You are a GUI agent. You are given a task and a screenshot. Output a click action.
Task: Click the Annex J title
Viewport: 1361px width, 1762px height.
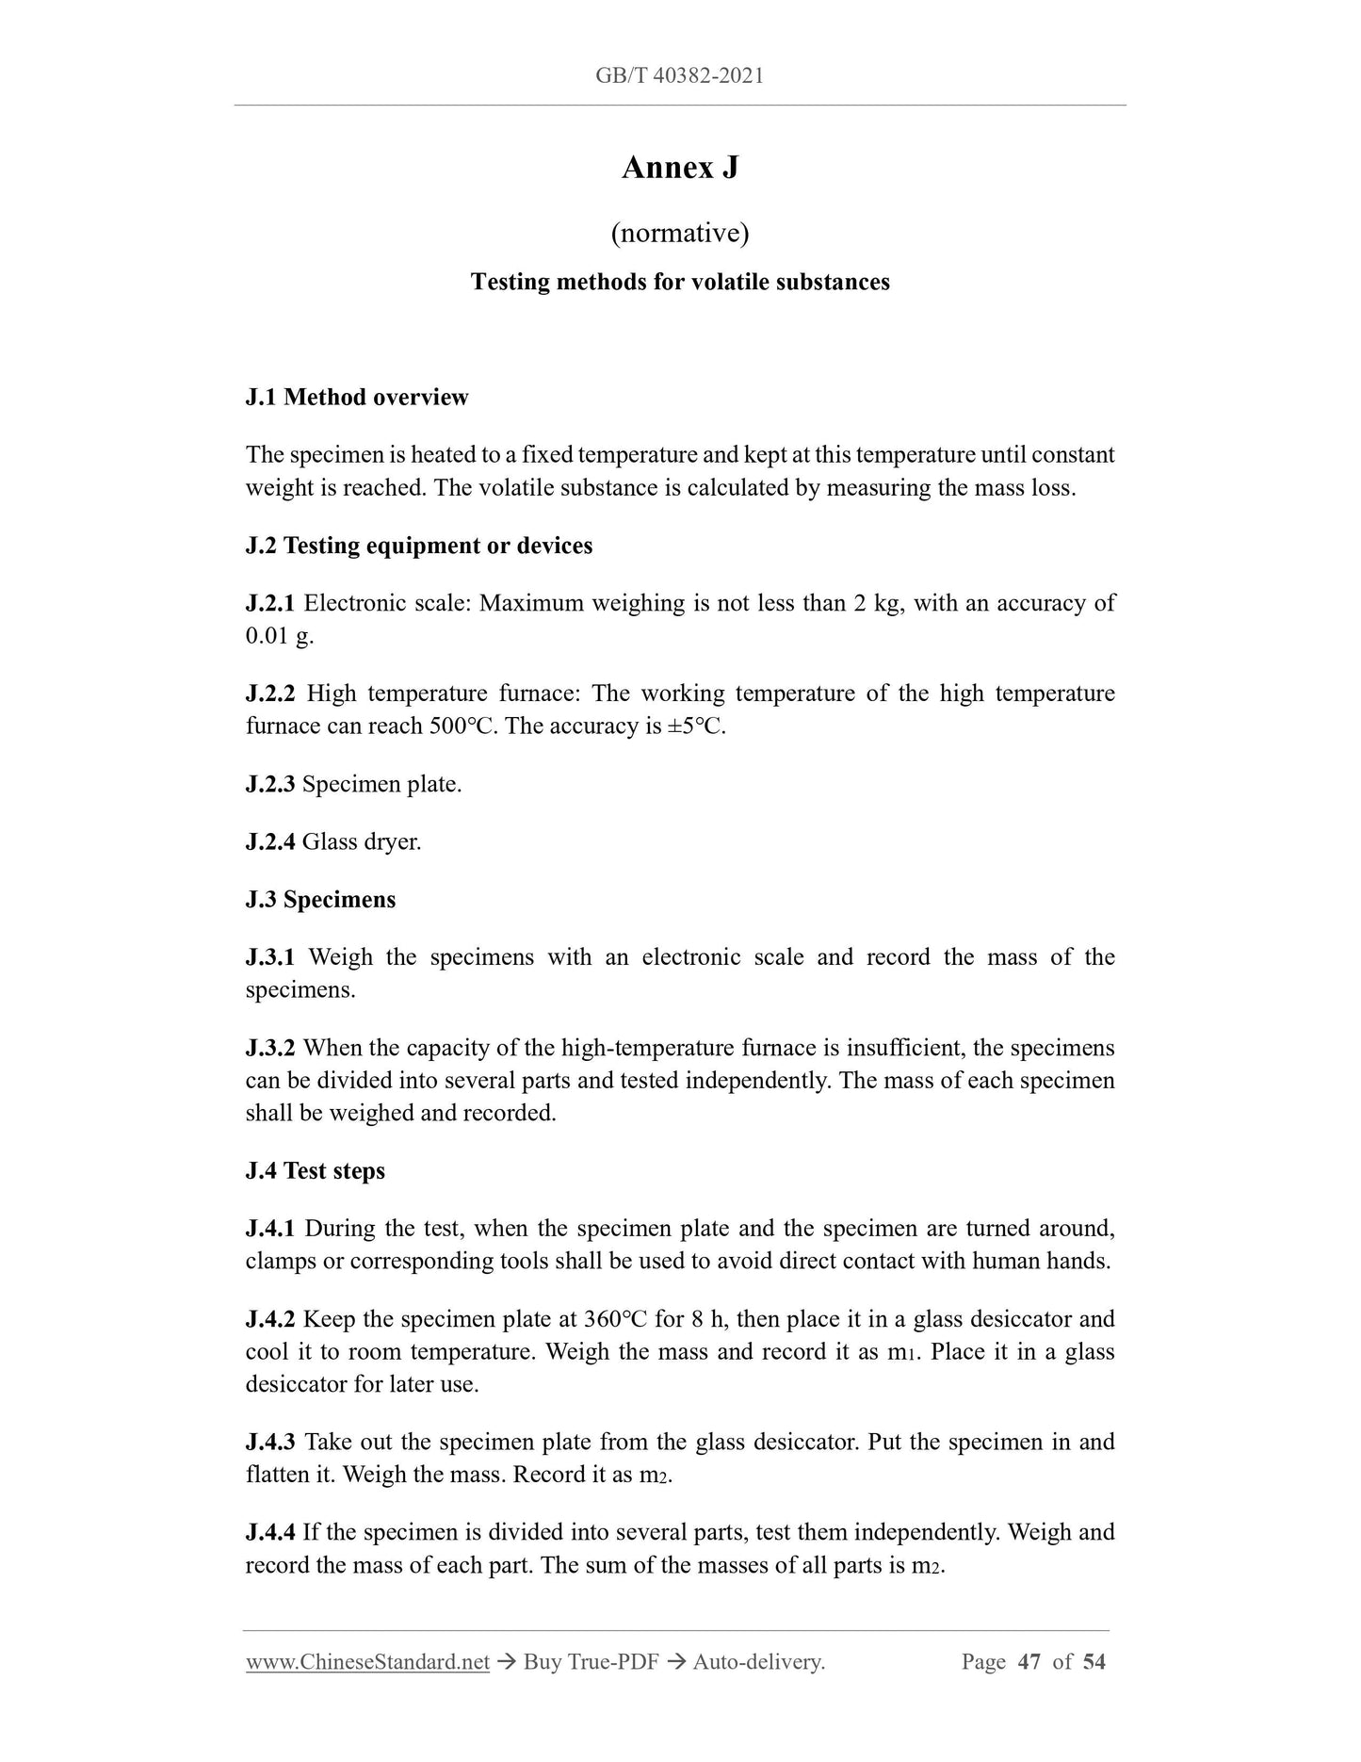[680, 168]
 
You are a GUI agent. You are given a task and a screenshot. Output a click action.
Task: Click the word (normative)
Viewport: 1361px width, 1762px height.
[680, 232]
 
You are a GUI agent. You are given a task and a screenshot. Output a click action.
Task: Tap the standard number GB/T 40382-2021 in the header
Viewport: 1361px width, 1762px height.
[680, 75]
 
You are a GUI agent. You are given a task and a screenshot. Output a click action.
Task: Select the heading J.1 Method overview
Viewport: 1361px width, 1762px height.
[357, 397]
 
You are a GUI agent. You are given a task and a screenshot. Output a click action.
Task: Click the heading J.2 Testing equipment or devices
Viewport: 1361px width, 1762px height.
[419, 546]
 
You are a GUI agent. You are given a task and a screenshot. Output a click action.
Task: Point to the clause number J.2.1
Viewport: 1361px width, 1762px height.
[270, 603]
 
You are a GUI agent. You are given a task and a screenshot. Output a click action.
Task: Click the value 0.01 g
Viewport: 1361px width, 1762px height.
[279, 636]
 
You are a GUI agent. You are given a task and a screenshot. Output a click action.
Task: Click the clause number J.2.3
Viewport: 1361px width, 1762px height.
[270, 784]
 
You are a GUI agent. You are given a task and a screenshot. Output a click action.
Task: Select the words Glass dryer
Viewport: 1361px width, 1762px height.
[362, 841]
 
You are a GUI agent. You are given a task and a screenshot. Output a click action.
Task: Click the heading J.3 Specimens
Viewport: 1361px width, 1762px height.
[320, 899]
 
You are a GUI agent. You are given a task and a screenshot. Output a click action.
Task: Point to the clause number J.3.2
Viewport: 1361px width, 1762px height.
[270, 1048]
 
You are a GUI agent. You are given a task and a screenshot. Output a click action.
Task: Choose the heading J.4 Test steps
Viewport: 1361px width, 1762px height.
[316, 1170]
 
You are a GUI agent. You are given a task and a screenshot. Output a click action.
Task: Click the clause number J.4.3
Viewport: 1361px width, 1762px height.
[270, 1443]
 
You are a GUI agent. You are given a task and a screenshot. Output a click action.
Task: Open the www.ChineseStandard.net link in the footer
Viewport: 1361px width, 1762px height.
[367, 1662]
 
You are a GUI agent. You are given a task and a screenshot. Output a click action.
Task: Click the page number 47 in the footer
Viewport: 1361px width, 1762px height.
[1029, 1662]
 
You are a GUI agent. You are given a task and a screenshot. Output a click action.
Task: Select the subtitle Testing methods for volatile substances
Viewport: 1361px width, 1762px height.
[680, 282]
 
